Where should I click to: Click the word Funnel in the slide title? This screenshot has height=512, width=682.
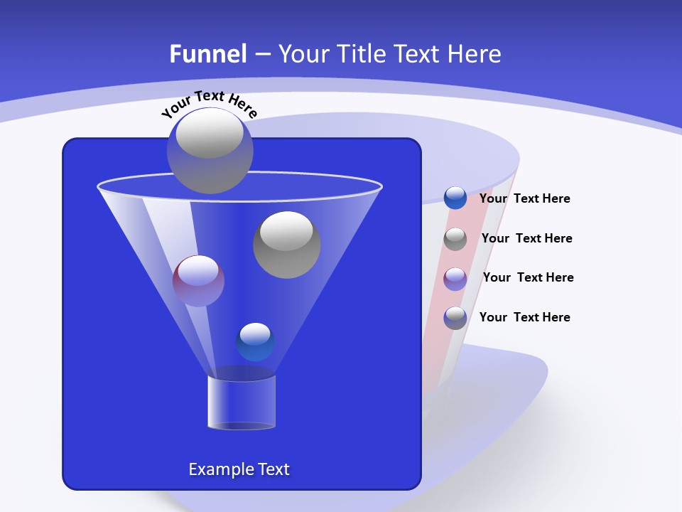(208, 53)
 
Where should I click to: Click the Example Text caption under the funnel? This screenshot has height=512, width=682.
(239, 469)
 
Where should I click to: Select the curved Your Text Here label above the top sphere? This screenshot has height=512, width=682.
(210, 103)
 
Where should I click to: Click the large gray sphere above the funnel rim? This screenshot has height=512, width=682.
(210, 150)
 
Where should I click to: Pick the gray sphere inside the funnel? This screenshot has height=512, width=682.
(287, 245)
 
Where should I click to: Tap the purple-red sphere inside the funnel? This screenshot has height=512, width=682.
(198, 281)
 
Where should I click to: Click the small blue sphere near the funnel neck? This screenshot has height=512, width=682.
(255, 342)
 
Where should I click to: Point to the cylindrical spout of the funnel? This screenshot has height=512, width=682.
(242, 402)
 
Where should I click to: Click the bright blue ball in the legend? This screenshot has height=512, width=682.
(455, 198)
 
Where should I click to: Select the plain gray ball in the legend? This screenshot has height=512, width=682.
(455, 239)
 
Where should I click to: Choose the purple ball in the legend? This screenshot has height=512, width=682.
(455, 279)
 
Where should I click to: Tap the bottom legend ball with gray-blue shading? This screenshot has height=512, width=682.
(455, 318)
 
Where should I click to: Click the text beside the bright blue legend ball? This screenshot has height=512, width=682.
(524, 198)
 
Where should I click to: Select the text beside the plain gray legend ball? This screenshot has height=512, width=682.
(526, 238)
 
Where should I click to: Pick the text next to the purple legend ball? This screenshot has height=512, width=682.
(528, 277)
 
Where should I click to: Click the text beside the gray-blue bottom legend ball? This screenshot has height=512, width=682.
(524, 317)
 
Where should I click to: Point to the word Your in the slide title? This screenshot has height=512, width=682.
(303, 53)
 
